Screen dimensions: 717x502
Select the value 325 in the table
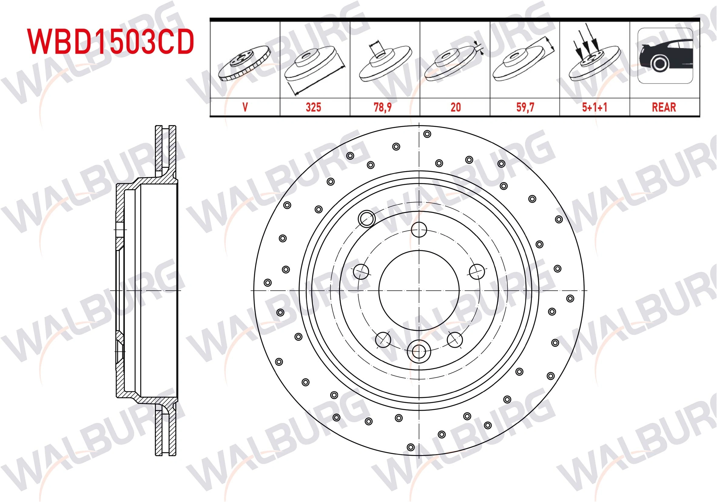(x=313, y=107)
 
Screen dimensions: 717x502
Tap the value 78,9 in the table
(x=382, y=107)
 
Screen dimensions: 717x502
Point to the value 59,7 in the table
(x=525, y=107)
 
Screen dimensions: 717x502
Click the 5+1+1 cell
(x=594, y=107)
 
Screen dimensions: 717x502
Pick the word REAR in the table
(x=664, y=107)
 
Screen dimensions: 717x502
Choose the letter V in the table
(x=245, y=107)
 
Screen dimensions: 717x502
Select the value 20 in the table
(x=456, y=107)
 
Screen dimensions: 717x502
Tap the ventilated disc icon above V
(x=244, y=63)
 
